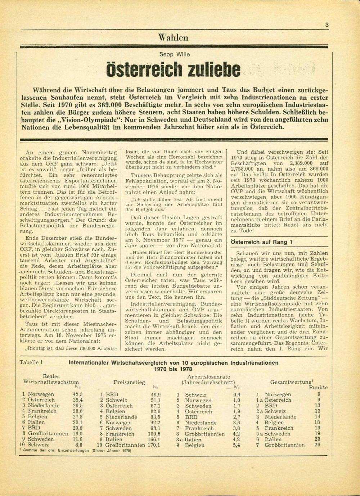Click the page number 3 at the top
click(x=327, y=25)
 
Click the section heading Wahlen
click(x=173, y=37)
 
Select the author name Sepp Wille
click(x=174, y=55)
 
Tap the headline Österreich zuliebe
click(x=174, y=69)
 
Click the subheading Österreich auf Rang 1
click(x=261, y=242)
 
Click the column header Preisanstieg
click(x=129, y=382)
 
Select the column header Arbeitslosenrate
click(x=208, y=376)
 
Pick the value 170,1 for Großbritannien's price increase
click(x=153, y=445)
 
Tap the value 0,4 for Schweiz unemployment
click(x=237, y=394)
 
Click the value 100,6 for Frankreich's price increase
click(x=153, y=434)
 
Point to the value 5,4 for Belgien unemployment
click(x=237, y=445)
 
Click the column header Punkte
click(x=318, y=387)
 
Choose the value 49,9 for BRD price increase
click(x=156, y=394)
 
